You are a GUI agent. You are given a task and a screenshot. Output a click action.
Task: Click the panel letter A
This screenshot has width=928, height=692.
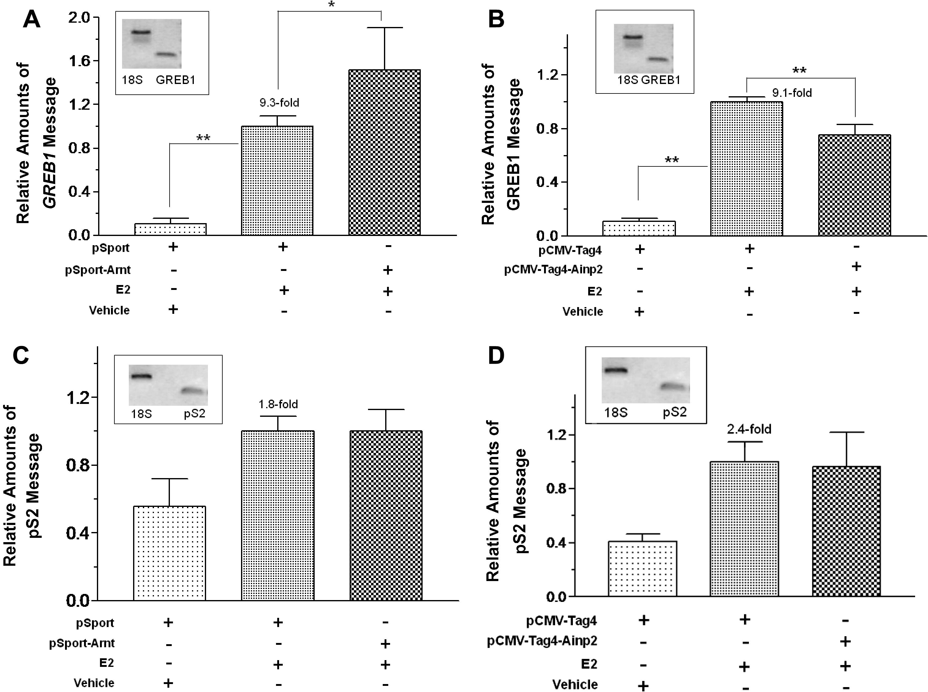tap(32, 20)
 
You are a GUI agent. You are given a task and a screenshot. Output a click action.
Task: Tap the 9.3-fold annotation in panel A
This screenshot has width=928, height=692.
tap(279, 103)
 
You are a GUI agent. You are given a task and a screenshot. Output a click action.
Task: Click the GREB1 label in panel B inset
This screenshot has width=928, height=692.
tap(661, 80)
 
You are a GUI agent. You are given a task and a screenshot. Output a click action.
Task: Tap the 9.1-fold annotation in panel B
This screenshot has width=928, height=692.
tap(792, 93)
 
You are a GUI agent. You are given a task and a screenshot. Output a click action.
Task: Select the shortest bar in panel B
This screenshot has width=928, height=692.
tap(639, 228)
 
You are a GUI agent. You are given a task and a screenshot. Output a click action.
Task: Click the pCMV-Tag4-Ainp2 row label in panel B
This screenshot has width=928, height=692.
tap(553, 269)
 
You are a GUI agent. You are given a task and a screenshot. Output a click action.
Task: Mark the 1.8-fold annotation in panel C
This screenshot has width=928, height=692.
tap(278, 404)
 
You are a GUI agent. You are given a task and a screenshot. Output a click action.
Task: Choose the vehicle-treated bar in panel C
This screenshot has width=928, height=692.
tap(169, 553)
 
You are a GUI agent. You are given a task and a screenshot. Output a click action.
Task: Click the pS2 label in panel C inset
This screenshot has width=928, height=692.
tap(194, 414)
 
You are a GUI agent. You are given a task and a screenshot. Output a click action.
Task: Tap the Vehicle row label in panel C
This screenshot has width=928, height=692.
tap(94, 683)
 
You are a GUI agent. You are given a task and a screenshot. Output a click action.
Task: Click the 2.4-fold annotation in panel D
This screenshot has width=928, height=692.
tap(749, 429)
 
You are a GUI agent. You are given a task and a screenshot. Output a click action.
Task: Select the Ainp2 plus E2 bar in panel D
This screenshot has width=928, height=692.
tap(846, 531)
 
